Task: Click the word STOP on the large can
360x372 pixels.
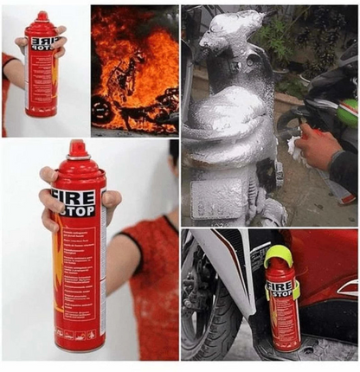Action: pyautogui.click(x=75, y=212)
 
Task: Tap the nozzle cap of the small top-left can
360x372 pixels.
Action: pyautogui.click(x=42, y=16)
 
